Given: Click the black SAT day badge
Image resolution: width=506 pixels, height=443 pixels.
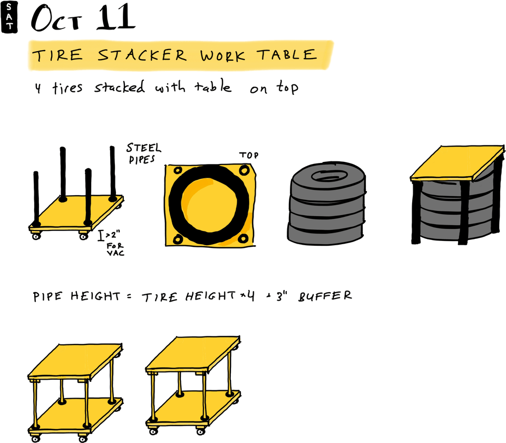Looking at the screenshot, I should (x=9, y=18).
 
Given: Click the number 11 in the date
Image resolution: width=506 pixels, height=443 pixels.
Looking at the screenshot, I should (x=115, y=18).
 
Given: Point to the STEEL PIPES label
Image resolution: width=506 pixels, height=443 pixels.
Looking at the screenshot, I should (x=143, y=152).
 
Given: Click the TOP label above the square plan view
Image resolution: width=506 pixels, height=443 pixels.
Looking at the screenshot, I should (x=249, y=156).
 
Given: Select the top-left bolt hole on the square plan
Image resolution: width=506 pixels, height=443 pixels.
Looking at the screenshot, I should (x=177, y=172).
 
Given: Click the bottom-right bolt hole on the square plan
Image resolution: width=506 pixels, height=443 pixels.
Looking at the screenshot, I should (x=243, y=238).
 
